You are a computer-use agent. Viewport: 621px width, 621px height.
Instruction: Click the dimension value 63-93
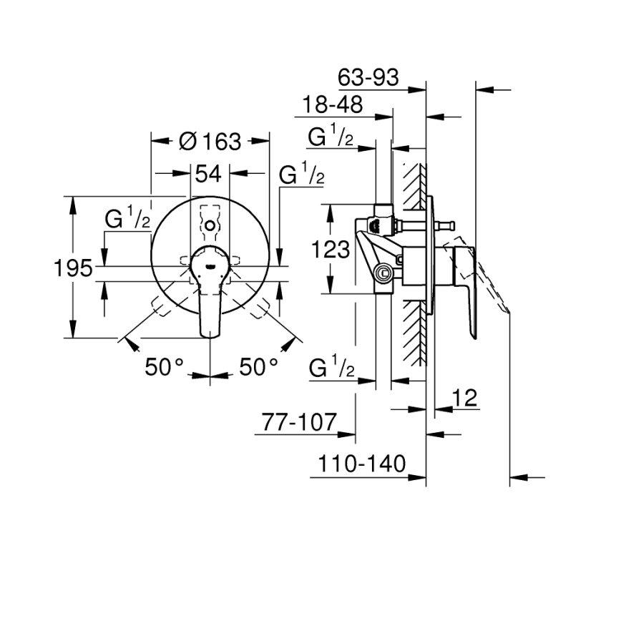click(368, 77)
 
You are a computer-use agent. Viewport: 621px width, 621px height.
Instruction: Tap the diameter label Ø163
click(210, 141)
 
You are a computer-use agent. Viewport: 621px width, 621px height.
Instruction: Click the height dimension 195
click(74, 268)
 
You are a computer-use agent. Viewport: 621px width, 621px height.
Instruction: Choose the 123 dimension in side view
click(331, 250)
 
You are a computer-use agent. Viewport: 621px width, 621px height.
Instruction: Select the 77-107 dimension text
click(298, 422)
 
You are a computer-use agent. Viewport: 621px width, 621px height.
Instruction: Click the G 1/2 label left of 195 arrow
click(127, 220)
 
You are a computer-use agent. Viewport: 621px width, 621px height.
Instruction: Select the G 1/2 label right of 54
click(301, 175)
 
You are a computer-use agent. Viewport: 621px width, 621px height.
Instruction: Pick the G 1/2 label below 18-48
click(331, 136)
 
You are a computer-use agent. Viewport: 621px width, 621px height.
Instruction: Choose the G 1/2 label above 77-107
click(331, 368)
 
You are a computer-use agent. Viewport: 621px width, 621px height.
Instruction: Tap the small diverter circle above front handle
click(209, 227)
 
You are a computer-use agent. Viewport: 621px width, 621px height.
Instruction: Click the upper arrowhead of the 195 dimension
click(73, 202)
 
